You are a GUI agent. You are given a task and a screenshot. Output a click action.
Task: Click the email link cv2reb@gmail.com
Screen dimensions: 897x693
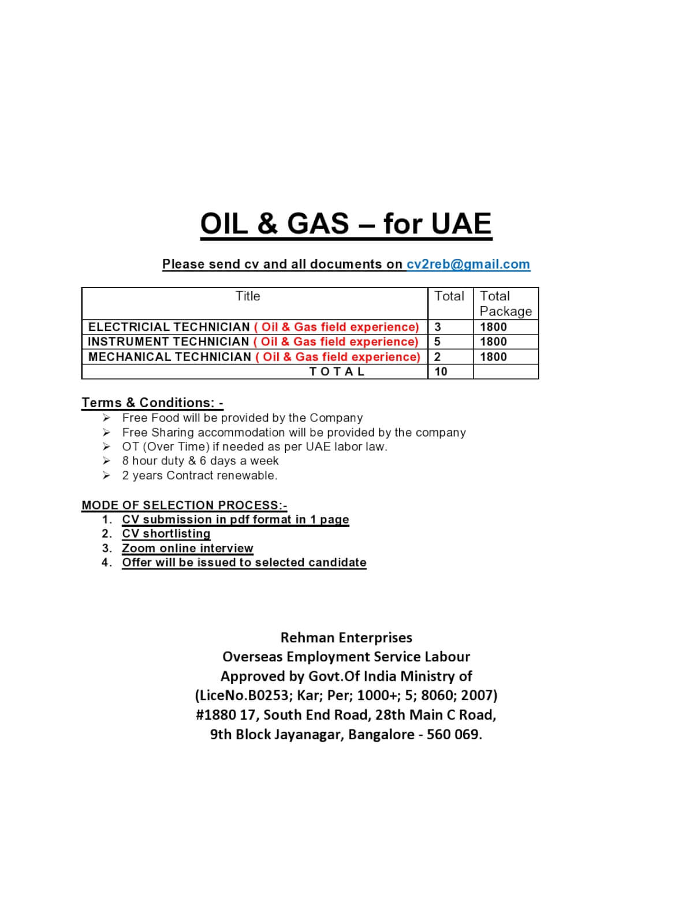[x=468, y=264]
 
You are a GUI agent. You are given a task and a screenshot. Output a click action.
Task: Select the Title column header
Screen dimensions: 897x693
[x=248, y=296]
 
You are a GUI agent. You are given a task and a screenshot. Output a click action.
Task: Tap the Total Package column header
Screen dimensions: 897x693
[x=505, y=303]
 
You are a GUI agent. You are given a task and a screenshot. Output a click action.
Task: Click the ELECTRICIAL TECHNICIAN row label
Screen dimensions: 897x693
[x=169, y=327]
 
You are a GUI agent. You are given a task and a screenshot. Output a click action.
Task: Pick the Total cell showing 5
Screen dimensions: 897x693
[x=437, y=342]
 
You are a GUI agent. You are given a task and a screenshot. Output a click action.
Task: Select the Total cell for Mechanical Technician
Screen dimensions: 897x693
[x=437, y=357]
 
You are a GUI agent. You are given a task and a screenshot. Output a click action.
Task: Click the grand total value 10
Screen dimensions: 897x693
[x=441, y=371]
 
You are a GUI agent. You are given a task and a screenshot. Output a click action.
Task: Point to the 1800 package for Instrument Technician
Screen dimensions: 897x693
[x=493, y=342]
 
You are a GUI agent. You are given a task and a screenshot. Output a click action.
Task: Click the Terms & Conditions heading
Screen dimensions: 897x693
[x=152, y=403]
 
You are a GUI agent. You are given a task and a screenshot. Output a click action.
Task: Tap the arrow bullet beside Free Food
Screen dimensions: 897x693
[x=106, y=418]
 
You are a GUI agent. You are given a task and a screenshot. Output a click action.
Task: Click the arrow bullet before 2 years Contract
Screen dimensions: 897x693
[x=106, y=475]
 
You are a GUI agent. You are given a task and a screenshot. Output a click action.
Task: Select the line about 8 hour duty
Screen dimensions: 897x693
[x=200, y=461]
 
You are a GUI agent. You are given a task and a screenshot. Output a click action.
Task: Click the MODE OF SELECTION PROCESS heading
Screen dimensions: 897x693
[x=184, y=505]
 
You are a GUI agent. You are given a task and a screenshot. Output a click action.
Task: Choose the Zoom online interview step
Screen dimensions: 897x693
[x=187, y=548]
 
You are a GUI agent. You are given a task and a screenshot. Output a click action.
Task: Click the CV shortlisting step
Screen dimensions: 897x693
[x=166, y=534]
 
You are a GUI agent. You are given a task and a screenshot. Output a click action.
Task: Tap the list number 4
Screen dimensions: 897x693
[x=106, y=563]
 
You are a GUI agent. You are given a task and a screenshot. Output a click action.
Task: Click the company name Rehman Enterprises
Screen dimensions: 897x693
[x=346, y=638]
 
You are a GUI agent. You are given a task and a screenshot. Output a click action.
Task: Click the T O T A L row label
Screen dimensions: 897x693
[x=337, y=371]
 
